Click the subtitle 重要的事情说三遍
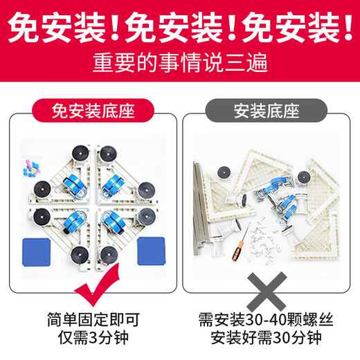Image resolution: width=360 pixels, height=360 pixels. [x=180, y=64]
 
